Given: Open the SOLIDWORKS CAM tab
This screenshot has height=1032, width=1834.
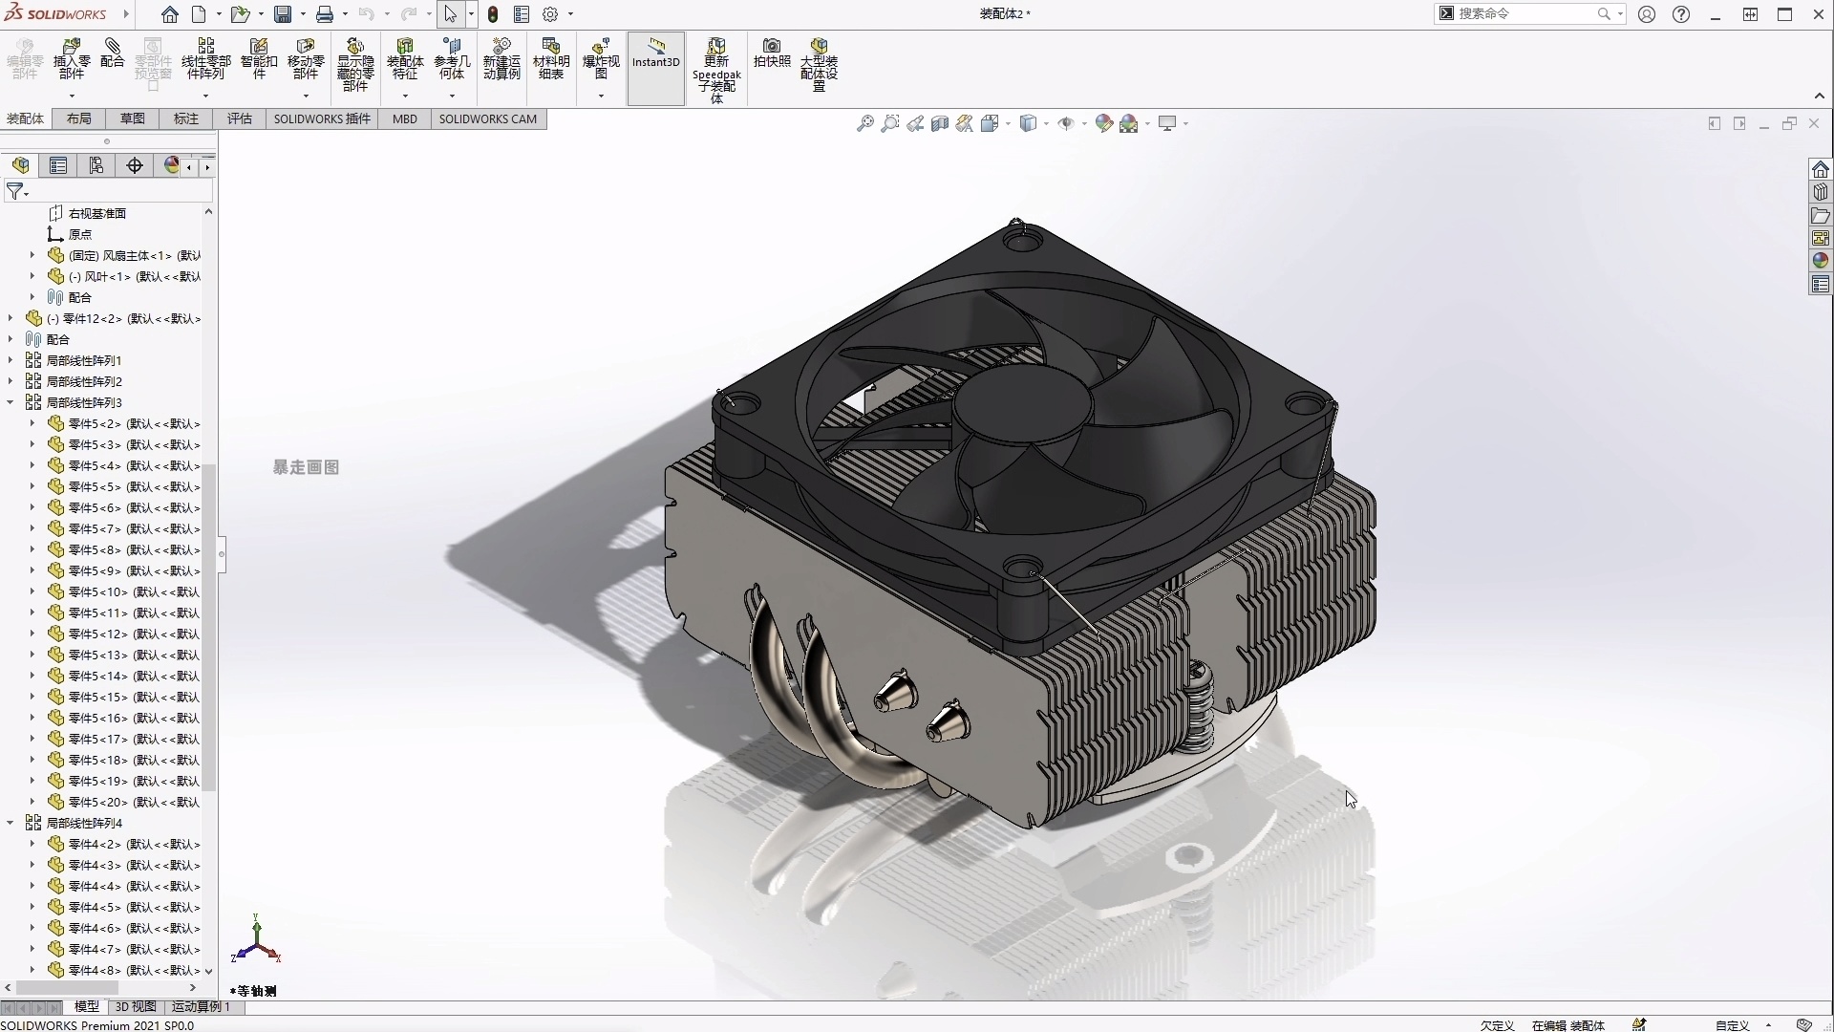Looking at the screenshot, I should tap(487, 118).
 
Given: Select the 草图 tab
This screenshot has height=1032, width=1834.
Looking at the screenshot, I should tap(132, 118).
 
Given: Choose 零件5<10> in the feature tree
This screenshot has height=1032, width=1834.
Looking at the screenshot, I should tap(134, 591).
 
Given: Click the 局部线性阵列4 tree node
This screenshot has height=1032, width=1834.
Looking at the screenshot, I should tap(84, 823).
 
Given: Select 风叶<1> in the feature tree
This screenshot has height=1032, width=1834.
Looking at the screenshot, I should tap(134, 276).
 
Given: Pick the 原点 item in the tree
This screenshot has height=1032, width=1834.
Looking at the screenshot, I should tap(80, 234).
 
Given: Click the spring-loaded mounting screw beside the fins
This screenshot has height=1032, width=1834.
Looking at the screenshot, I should tap(1200, 707).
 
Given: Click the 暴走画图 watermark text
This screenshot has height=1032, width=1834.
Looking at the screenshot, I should tap(306, 467).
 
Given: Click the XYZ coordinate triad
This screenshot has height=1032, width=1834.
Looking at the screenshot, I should tap(256, 941).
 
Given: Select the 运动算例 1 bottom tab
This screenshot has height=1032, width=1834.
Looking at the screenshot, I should tap(201, 1006).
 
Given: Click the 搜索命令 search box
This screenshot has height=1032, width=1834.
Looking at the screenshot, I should tap(1524, 13).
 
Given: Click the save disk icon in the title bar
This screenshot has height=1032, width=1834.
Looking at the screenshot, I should tap(283, 14).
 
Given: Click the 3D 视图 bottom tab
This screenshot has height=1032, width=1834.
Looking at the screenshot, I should tap(136, 1006).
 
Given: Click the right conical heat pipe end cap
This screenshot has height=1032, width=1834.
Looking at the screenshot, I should tap(948, 721).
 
